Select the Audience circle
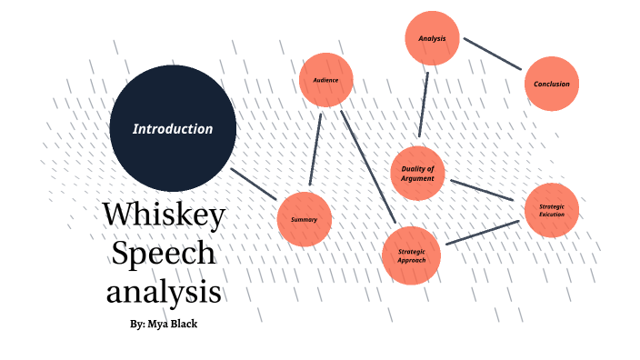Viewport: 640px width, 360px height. click(x=325, y=81)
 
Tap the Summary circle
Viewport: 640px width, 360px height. click(x=304, y=220)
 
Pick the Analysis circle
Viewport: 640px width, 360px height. click(x=432, y=39)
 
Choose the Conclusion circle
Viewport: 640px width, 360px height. click(x=552, y=85)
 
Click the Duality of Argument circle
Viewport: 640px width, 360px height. click(x=418, y=173)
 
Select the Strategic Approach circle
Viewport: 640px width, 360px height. click(x=412, y=255)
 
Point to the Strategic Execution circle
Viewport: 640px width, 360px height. click(x=552, y=210)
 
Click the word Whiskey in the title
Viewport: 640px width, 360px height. click(x=164, y=215)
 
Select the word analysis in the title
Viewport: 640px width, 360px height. click(x=164, y=292)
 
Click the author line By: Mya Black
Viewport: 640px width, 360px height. click(x=165, y=324)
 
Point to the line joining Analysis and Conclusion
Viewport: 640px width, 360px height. click(x=493, y=53)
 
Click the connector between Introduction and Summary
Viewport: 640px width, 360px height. click(x=254, y=184)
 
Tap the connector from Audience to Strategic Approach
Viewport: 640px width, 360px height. click(x=368, y=167)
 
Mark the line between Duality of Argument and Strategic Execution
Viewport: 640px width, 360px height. click(x=484, y=190)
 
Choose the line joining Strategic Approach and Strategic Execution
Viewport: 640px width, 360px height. click(x=482, y=232)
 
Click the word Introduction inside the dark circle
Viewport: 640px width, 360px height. click(x=173, y=129)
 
